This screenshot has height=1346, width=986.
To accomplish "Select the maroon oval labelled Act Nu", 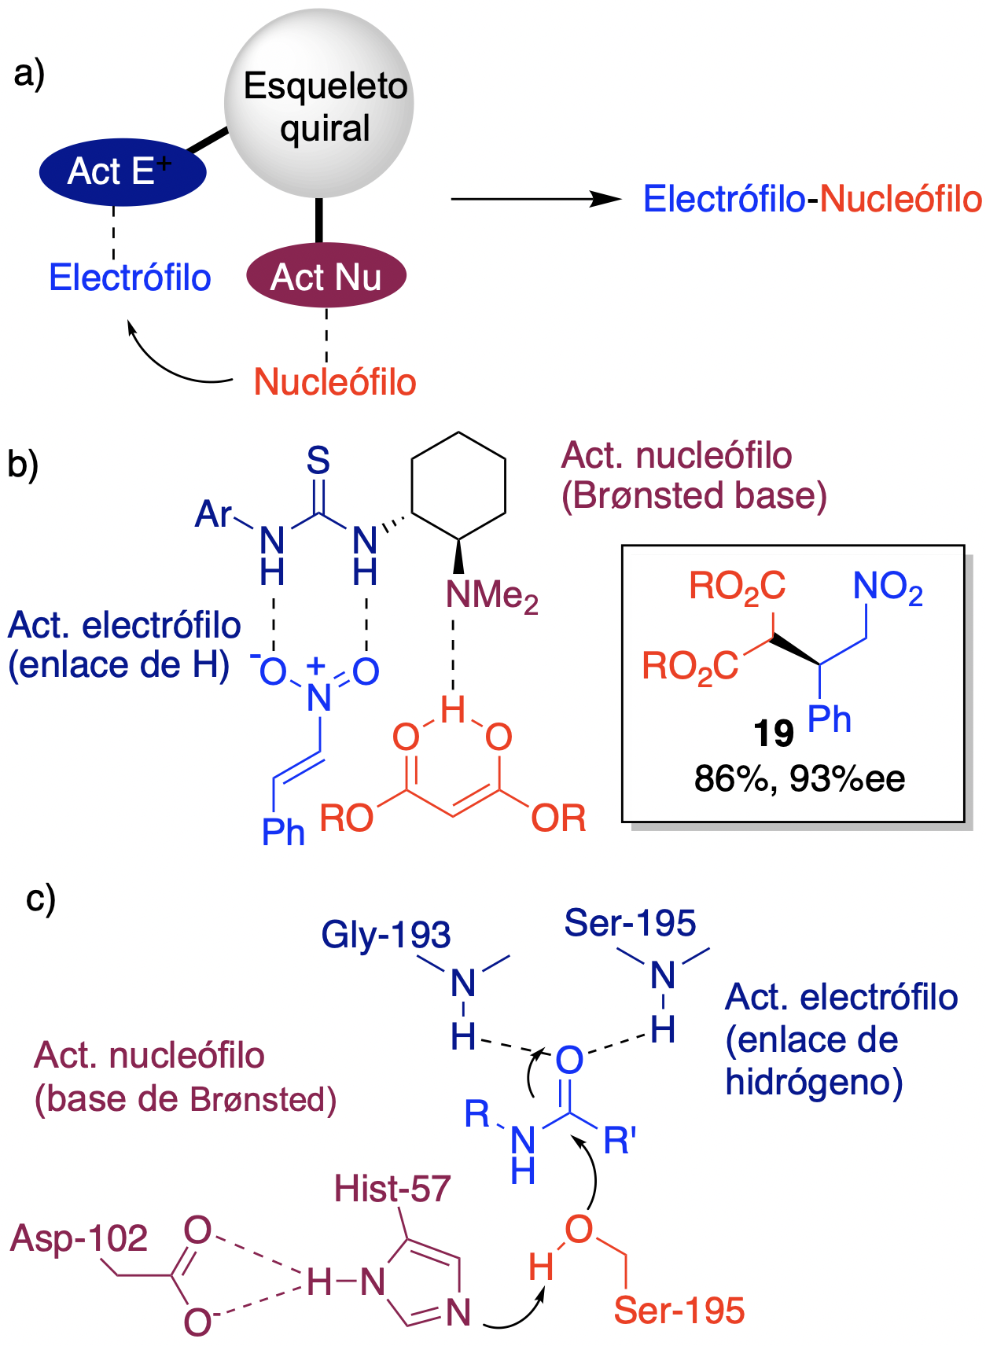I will (326, 277).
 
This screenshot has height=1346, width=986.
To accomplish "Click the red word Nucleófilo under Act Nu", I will (335, 382).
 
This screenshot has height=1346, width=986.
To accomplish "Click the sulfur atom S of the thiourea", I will (318, 460).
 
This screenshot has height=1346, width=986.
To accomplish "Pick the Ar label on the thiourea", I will (213, 514).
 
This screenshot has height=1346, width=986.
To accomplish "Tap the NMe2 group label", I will (492, 595).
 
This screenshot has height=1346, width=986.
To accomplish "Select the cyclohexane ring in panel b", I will (458, 485).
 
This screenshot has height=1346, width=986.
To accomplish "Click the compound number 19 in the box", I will (773, 734).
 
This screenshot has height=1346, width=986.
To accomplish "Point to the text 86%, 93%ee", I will (800, 779).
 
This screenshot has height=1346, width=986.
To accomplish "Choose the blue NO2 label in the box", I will (888, 587).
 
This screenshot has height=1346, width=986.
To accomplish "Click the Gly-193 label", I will (386, 934).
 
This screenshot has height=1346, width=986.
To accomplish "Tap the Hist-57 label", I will (392, 1188).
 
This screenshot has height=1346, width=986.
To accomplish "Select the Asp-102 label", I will (79, 1238).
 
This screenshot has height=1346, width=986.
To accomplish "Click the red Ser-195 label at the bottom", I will (679, 1311).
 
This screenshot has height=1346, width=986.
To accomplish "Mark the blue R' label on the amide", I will (620, 1140).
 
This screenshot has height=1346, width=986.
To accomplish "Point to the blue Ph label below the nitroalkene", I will (283, 831).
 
